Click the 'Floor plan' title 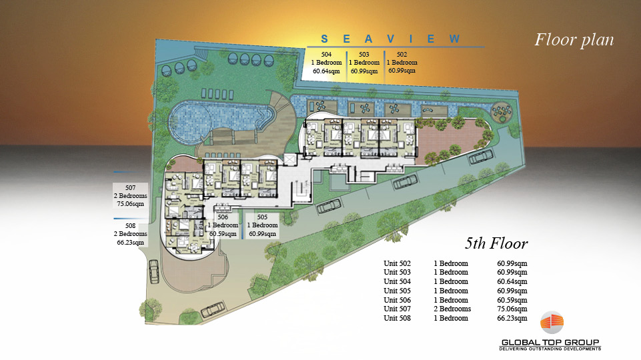coord(574,40)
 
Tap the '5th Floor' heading coord(496,243)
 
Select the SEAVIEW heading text coord(390,39)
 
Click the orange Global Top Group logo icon coord(552,323)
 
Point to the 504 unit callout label coord(326,63)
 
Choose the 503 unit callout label coord(364,63)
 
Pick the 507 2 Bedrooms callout coord(131,196)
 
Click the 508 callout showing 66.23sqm coord(131,234)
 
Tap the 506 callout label coord(223,225)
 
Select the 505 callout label coord(262,225)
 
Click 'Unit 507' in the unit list coord(397,309)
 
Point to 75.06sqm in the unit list coord(512,309)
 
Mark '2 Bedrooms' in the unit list coord(452,309)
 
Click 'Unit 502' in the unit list coord(397,263)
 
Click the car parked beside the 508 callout coord(153,271)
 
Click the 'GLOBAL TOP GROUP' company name coord(550,343)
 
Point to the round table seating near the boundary coord(501,111)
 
